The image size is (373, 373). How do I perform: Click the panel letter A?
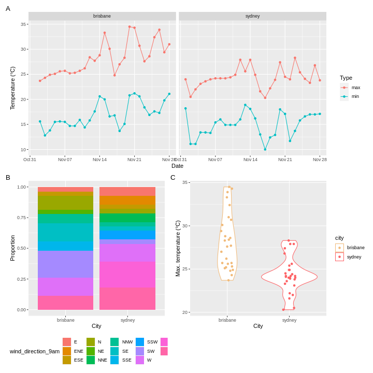(8, 8)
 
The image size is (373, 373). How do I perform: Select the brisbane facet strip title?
(102, 16)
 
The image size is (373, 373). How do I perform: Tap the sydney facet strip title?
(252, 16)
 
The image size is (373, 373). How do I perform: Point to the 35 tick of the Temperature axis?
(23, 24)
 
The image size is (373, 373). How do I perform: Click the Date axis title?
(177, 166)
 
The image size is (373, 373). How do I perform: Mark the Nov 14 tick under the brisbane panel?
(99, 160)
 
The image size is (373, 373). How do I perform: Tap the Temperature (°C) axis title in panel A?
(12, 88)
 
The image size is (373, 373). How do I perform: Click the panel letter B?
(8, 177)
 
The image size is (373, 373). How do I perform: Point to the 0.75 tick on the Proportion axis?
(21, 218)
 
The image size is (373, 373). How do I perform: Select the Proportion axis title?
(12, 248)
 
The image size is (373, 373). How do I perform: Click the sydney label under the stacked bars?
(127, 320)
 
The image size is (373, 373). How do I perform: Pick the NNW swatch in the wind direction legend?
(114, 342)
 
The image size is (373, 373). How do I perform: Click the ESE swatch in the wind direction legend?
(67, 360)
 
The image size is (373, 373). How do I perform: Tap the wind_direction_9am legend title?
(34, 351)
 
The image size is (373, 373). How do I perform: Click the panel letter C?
(173, 177)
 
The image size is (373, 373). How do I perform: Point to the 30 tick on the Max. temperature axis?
(185, 226)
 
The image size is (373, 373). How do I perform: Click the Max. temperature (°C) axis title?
(178, 248)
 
